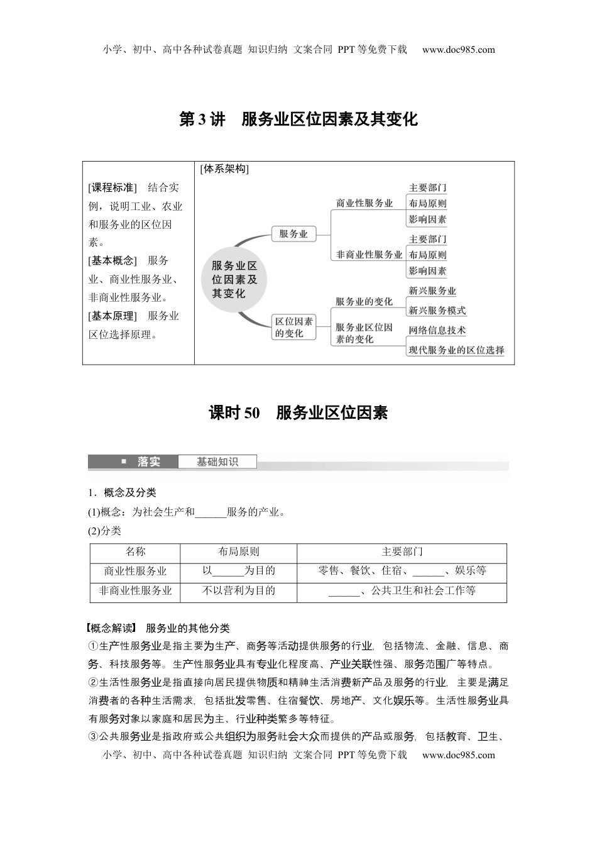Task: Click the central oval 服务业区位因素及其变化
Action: [x=234, y=279]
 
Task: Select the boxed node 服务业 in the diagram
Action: [x=293, y=234]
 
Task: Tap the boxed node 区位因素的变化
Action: [x=293, y=328]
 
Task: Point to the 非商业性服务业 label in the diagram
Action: [x=369, y=255]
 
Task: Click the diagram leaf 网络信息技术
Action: [x=437, y=330]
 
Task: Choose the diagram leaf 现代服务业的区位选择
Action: [x=456, y=350]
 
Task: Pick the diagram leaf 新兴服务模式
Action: [x=437, y=311]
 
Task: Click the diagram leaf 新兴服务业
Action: [x=432, y=291]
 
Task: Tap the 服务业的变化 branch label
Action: [x=364, y=302]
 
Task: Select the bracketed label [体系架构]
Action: [x=224, y=169]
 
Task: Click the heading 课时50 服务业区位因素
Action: [x=298, y=413]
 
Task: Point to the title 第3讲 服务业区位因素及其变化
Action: [x=298, y=119]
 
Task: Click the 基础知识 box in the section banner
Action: [x=217, y=462]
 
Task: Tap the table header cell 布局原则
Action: [x=238, y=551]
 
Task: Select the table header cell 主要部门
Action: [x=402, y=551]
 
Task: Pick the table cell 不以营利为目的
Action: [x=238, y=591]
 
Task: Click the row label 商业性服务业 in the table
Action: [x=135, y=571]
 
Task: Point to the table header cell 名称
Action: [x=135, y=551]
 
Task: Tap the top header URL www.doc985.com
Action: [x=458, y=50]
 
